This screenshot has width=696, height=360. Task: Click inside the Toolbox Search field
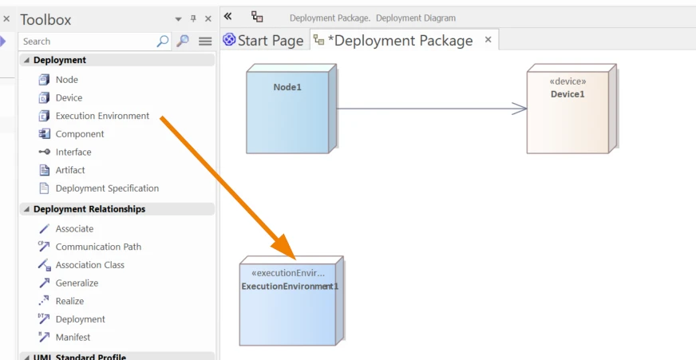pos(89,42)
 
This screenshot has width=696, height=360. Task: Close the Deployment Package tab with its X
pos(488,39)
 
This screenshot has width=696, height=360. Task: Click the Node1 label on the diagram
pos(287,88)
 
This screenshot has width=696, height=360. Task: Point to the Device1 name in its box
pos(567,94)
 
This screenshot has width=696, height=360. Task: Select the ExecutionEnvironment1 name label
pos(290,287)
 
